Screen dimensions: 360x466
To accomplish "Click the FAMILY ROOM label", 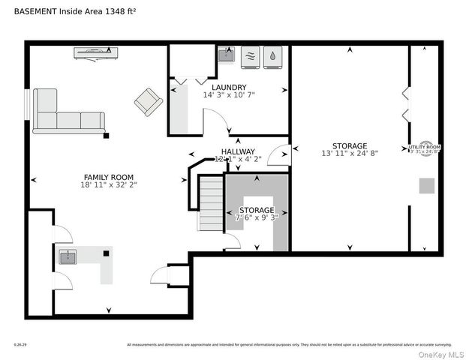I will tap(110, 177).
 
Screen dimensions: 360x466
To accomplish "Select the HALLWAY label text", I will tap(237, 151).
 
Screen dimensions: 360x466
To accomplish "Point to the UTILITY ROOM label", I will tap(424, 147).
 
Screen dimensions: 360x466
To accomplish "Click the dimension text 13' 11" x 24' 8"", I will tap(350, 154).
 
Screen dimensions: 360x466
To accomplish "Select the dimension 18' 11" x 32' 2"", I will tap(110, 184).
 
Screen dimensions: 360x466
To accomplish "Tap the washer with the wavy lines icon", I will tap(251, 56).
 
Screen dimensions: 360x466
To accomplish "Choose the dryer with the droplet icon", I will tap(274, 56).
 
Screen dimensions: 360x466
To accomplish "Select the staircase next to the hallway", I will tap(212, 202).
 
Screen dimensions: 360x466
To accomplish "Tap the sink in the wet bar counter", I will tap(68, 258).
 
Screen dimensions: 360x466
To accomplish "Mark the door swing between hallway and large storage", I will tap(279, 155).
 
